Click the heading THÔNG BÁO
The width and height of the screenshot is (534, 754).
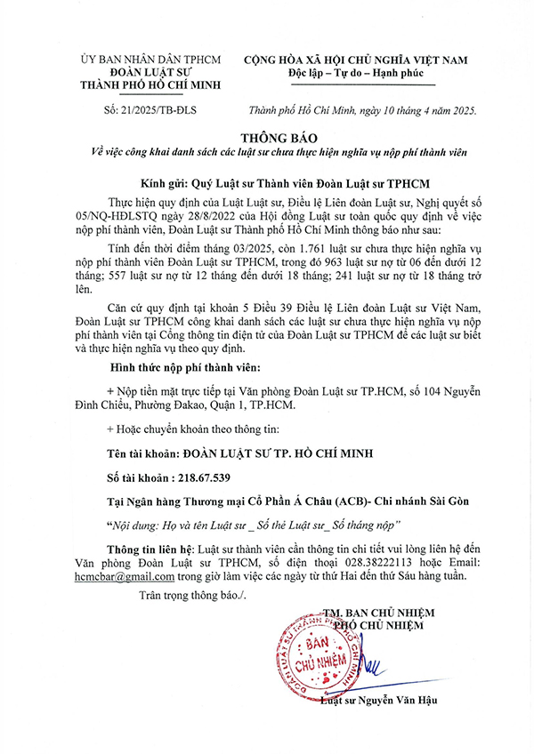266,137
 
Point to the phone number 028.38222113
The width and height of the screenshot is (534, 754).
350,563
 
